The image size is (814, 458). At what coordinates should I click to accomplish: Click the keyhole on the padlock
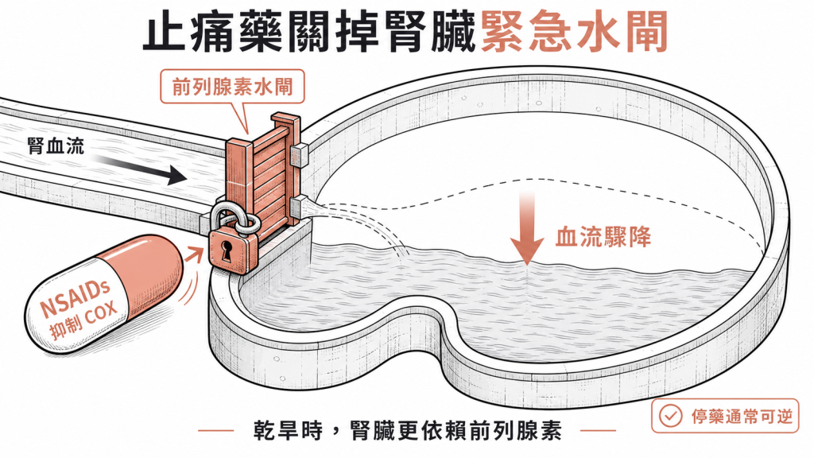pyautogui.click(x=227, y=251)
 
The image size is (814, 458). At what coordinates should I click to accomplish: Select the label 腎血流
pyautogui.click(x=56, y=146)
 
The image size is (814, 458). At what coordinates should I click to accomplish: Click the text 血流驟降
pyautogui.click(x=603, y=238)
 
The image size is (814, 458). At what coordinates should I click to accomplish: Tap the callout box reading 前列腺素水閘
pyautogui.click(x=232, y=86)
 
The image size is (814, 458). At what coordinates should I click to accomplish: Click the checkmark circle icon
pyautogui.click(x=670, y=415)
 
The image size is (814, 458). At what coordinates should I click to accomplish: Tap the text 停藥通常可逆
pyautogui.click(x=742, y=416)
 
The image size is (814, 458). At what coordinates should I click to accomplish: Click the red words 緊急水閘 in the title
pyautogui.click(x=574, y=33)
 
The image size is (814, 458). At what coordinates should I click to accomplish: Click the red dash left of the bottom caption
pyautogui.click(x=216, y=430)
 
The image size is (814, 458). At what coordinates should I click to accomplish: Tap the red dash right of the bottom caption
pyautogui.click(x=598, y=430)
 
